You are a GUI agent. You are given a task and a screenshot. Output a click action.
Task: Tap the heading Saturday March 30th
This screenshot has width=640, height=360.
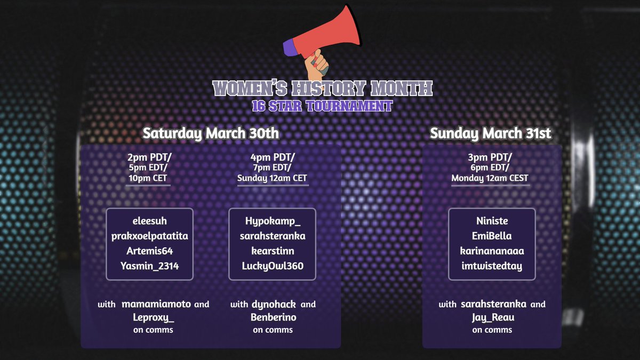210,133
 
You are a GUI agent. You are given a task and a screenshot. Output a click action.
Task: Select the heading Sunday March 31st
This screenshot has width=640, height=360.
491,133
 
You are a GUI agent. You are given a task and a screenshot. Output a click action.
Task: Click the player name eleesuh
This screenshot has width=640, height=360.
149,221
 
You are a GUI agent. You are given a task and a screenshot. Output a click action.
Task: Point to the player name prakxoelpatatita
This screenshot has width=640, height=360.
149,236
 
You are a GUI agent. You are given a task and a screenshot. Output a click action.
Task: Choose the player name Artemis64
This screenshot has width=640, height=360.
149,251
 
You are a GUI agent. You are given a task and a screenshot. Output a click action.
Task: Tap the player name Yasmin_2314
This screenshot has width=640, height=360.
149,266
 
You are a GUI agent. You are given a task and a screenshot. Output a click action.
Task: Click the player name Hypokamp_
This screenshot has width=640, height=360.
273,221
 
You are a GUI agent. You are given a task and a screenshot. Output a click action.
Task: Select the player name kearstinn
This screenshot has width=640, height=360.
273,251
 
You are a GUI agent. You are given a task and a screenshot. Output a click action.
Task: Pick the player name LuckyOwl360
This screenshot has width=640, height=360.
273,266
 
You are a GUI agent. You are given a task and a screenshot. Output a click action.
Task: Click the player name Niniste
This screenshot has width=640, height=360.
492,221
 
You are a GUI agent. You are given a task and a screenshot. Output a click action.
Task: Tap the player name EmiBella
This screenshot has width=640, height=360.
492,236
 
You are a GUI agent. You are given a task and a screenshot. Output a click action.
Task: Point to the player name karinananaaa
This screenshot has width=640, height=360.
492,251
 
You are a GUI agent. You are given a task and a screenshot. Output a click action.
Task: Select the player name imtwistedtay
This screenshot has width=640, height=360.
492,266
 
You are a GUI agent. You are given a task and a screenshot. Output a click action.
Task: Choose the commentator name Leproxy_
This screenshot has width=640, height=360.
153,318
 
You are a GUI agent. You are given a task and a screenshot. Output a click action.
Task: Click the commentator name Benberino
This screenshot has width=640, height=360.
273,318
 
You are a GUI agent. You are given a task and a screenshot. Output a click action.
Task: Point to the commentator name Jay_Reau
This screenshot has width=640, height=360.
492,318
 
